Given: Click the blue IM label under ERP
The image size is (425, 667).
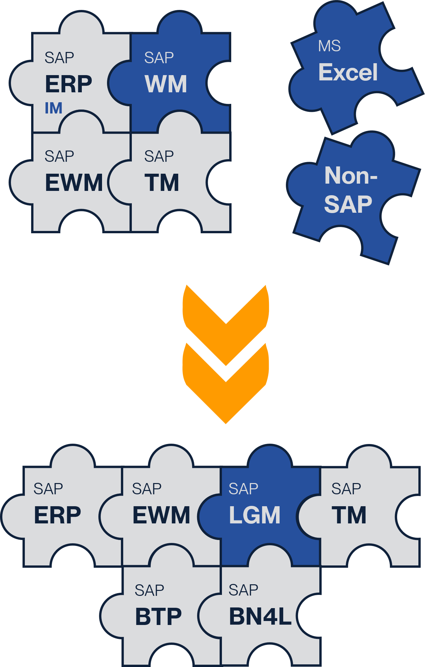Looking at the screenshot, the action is [x=54, y=108].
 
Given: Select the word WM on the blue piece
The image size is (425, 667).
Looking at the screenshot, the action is [x=166, y=84].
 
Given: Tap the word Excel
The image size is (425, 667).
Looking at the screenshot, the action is [x=348, y=72].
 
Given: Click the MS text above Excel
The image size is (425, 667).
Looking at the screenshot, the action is [x=329, y=46].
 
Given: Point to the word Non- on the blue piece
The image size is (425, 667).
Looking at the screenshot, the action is [x=351, y=175].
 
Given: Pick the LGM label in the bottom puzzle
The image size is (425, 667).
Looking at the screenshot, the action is [x=254, y=515].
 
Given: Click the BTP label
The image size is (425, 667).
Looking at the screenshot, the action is [x=158, y=616].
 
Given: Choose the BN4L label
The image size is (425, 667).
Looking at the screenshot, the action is [x=260, y=616].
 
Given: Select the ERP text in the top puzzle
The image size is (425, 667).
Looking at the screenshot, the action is [x=69, y=84].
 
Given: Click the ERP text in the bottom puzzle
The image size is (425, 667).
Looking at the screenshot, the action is [x=58, y=515].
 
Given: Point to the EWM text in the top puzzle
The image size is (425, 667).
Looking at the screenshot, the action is [x=74, y=183].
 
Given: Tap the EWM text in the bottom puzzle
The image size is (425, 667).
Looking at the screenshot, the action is [x=161, y=515].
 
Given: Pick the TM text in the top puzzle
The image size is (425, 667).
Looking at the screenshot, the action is [x=162, y=183].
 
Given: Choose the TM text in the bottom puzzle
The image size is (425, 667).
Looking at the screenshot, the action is [x=349, y=515].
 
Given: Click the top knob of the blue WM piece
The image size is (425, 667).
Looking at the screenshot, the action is [x=180, y=23].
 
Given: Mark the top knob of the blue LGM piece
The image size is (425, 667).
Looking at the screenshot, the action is [x=270, y=457].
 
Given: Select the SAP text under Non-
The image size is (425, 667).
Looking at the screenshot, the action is [x=348, y=204].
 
